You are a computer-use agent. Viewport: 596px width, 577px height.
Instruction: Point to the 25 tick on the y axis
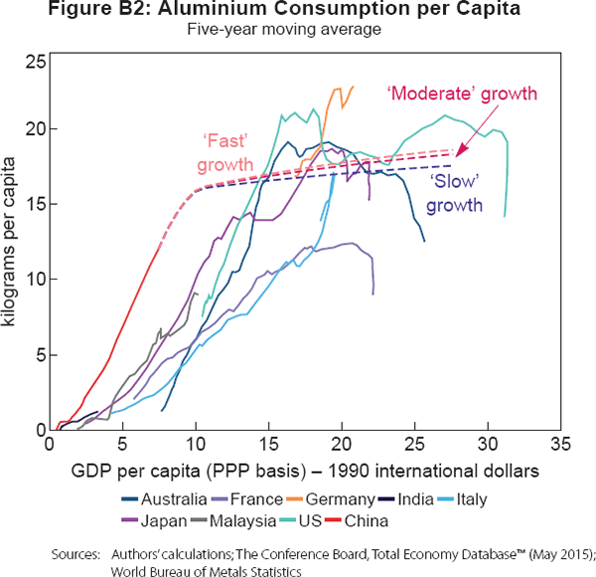pyautogui.click(x=36, y=62)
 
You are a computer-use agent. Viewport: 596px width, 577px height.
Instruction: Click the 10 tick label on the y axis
pyautogui.click(x=36, y=280)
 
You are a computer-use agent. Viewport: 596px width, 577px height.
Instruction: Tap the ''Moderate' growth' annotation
pyautogui.click(x=462, y=93)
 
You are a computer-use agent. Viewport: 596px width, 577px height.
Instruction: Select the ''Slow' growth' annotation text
pyautogui.click(x=456, y=196)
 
